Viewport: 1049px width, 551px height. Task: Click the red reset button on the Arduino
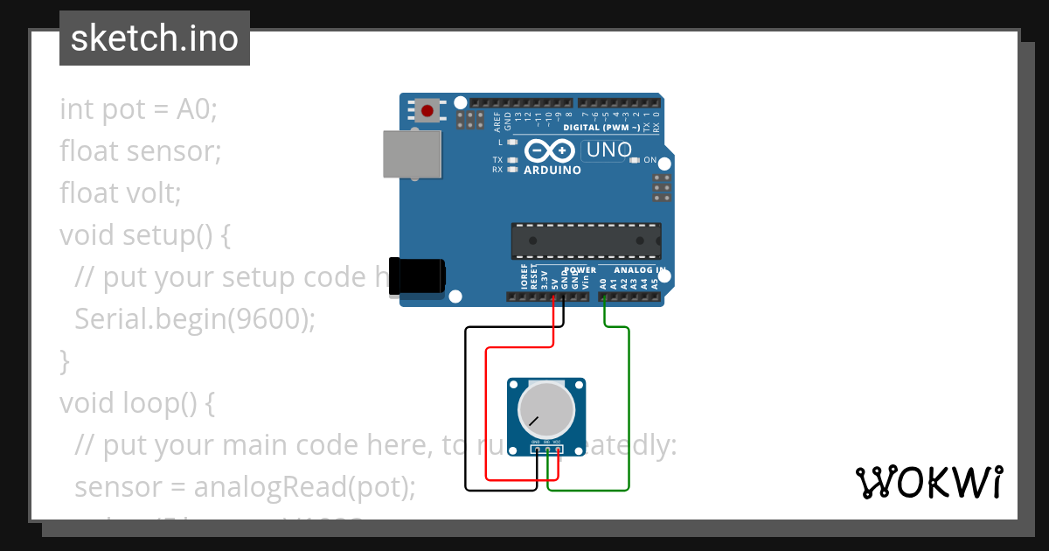[x=427, y=110]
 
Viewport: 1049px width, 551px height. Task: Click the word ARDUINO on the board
[x=552, y=170]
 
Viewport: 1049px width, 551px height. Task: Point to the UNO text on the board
[x=609, y=150]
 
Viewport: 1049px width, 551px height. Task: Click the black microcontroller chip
[x=586, y=241]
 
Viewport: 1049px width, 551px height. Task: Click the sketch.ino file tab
[x=155, y=38]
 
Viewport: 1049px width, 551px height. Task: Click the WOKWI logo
[x=929, y=482]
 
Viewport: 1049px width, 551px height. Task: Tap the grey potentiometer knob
[x=546, y=409]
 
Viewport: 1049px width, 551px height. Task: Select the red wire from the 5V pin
[x=485, y=411]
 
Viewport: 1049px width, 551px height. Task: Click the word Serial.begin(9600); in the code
[x=194, y=318]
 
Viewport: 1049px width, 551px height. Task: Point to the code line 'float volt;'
[x=121, y=192]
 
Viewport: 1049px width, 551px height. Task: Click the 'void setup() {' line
[x=144, y=234]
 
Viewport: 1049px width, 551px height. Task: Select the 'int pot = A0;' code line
[x=138, y=109]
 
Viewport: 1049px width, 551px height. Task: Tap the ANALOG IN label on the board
[x=639, y=270]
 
